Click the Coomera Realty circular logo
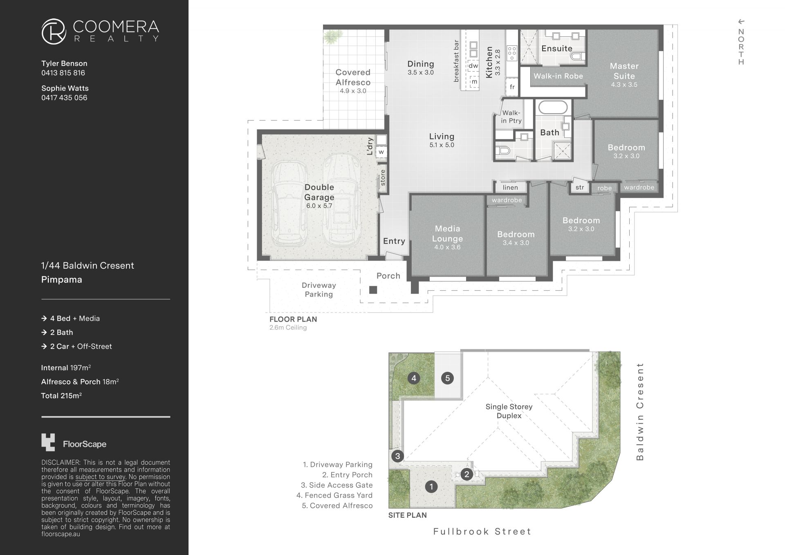click(x=54, y=31)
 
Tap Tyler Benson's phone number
click(x=63, y=73)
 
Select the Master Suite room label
click(x=624, y=71)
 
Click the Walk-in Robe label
click(x=558, y=76)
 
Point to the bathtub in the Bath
click(x=553, y=108)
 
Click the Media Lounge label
click(x=447, y=234)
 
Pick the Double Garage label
click(x=319, y=192)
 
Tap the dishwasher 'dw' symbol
click(x=473, y=66)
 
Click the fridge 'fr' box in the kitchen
click(x=512, y=87)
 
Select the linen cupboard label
click(x=510, y=187)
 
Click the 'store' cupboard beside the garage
click(x=383, y=178)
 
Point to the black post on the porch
click(x=373, y=290)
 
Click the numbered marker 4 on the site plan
click(x=414, y=378)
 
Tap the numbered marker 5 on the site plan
click(x=447, y=378)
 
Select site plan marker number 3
click(x=397, y=456)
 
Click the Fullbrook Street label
click(x=482, y=532)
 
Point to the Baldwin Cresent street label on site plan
click(x=640, y=411)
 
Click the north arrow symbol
click(x=741, y=22)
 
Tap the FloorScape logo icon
click(x=48, y=442)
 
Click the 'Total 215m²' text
click(x=61, y=395)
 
